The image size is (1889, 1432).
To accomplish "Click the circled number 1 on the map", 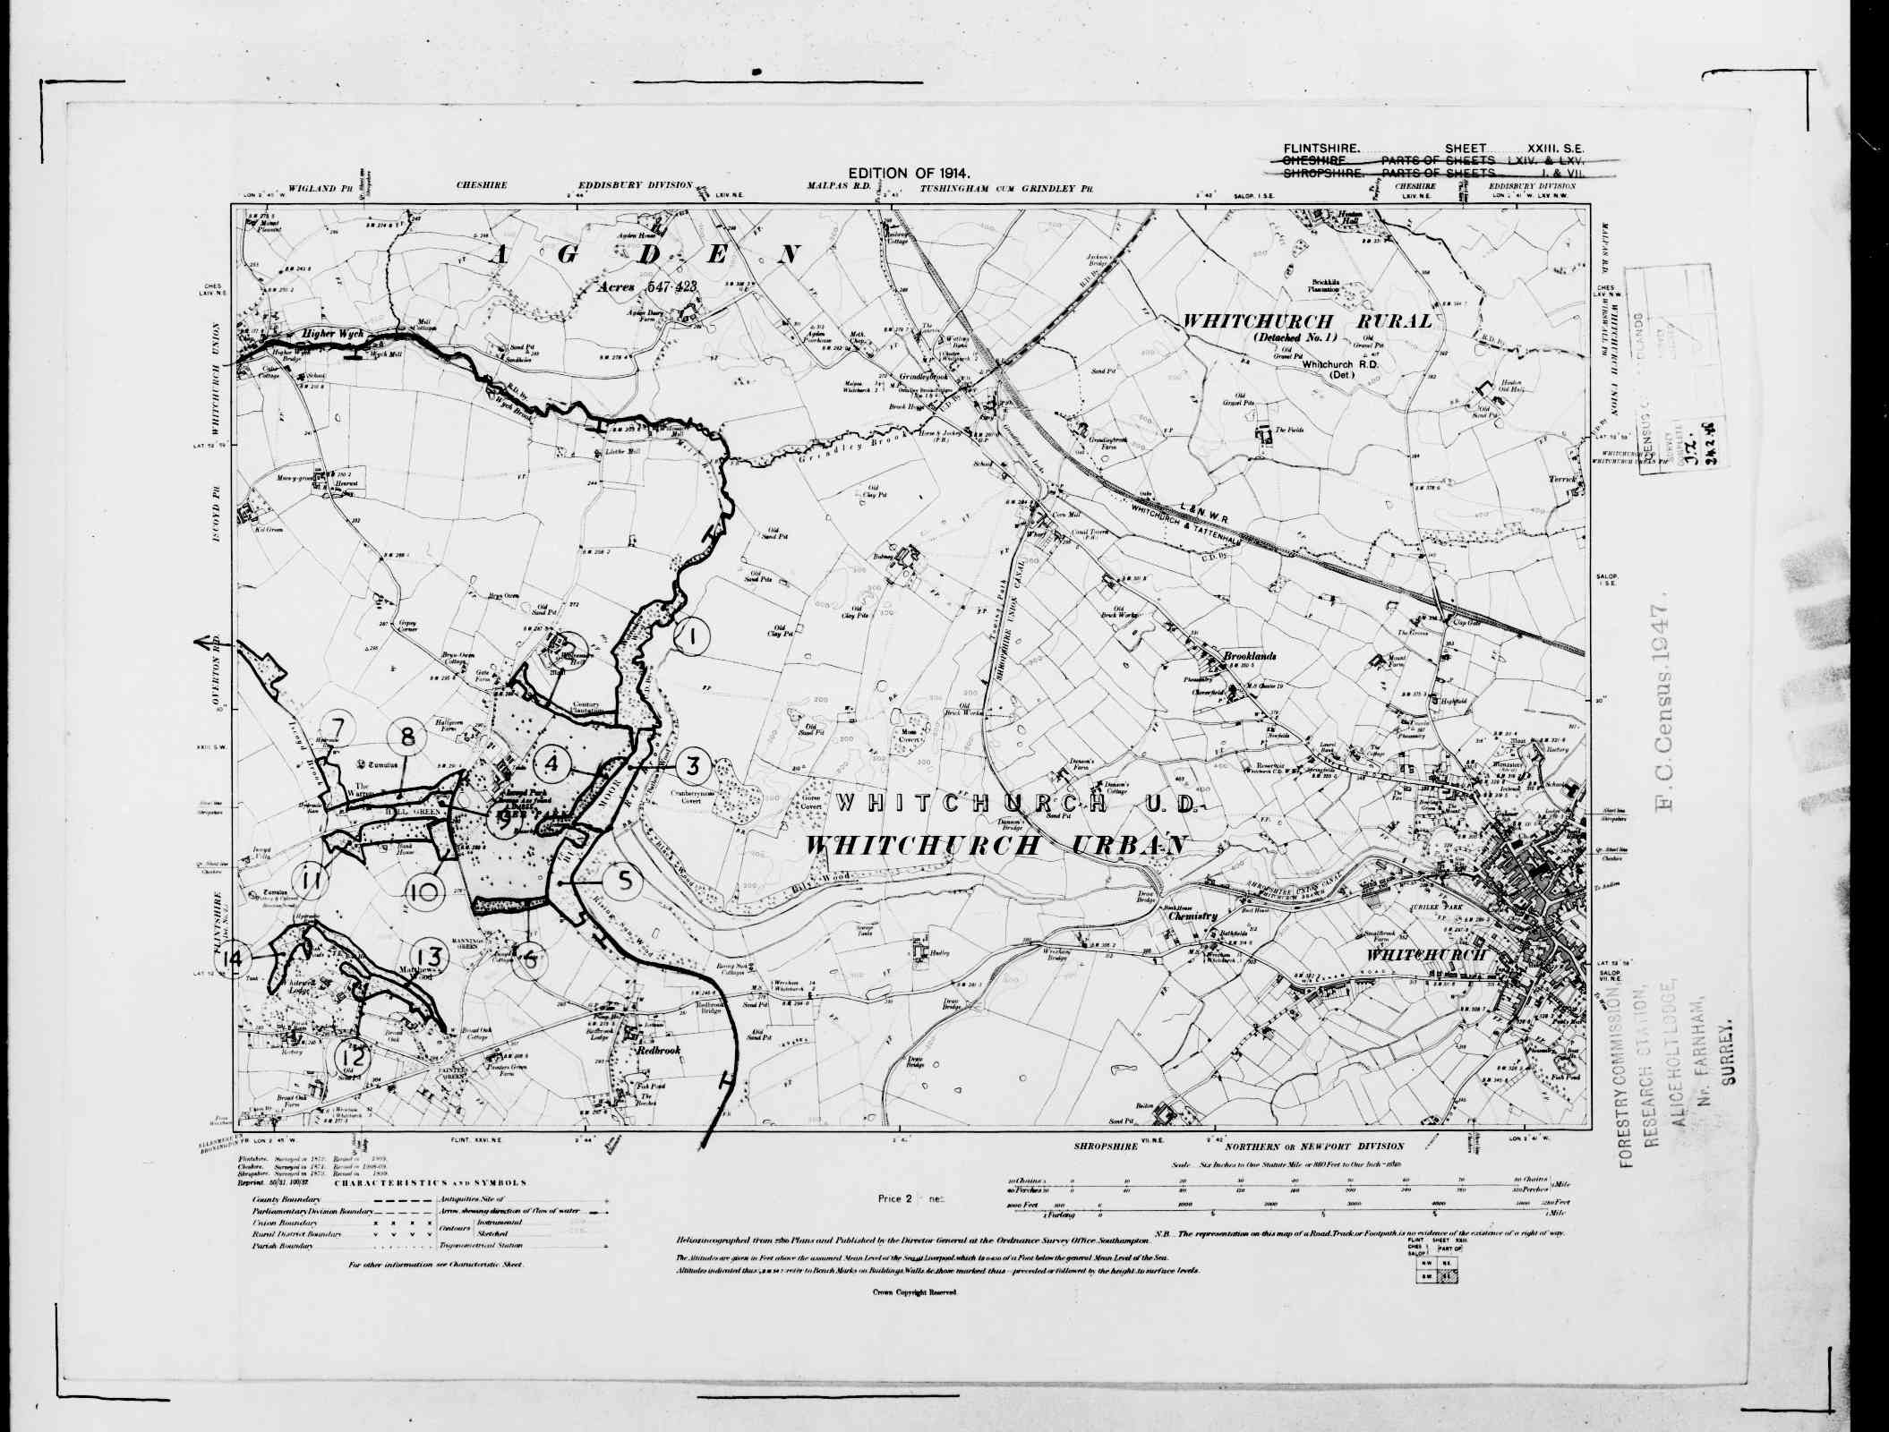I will tap(691, 637).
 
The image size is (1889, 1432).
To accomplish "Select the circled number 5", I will tap(624, 882).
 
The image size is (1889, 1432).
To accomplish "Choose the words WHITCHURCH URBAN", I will tap(996, 845).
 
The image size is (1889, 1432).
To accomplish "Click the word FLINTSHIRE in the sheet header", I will tap(1322, 148).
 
